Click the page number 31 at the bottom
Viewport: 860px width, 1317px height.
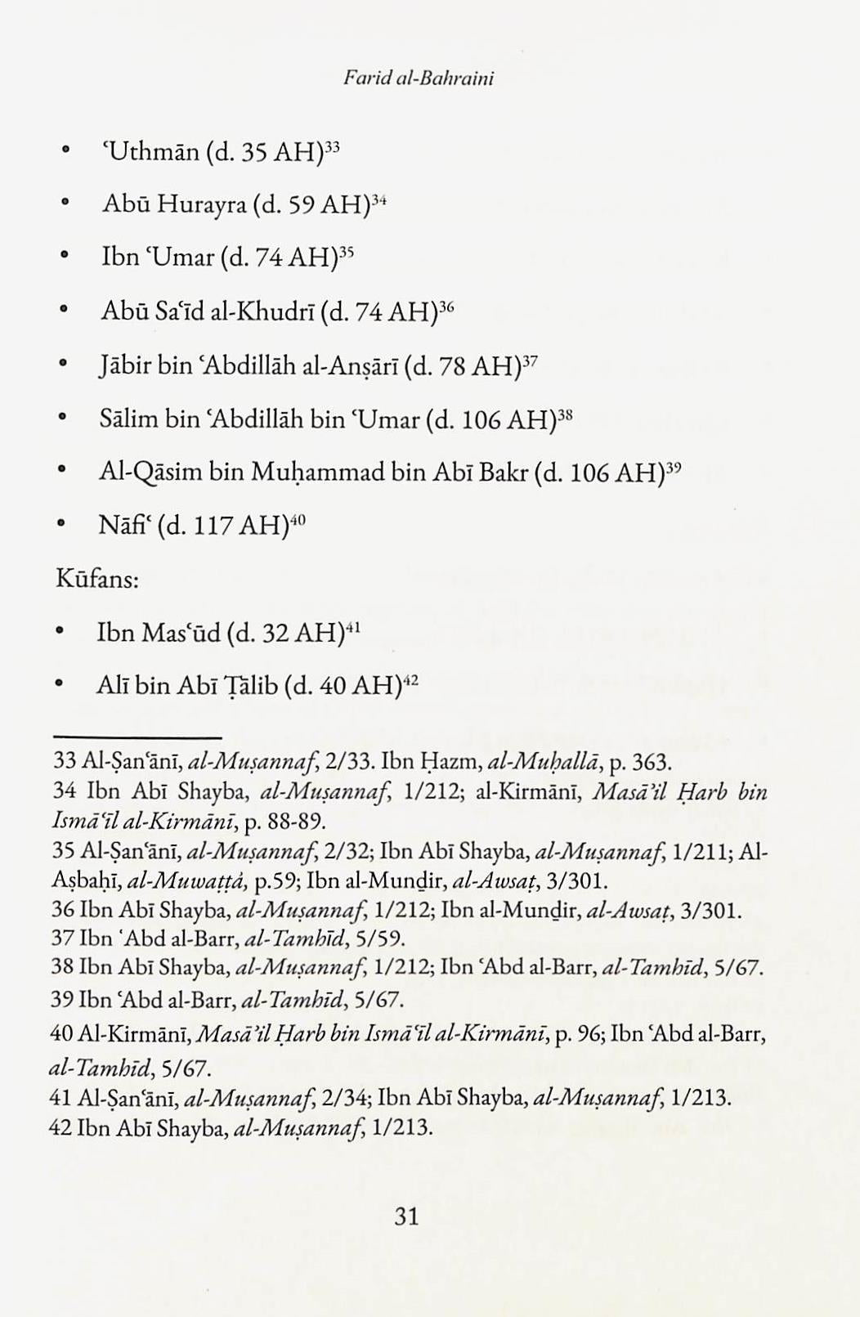point(406,1216)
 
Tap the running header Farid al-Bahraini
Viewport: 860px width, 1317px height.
point(419,78)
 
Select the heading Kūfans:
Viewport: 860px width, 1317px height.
point(96,580)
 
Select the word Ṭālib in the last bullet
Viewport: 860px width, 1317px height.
point(244,685)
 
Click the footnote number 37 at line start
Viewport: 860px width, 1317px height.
point(63,938)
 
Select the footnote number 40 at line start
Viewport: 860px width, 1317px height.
point(61,1034)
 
